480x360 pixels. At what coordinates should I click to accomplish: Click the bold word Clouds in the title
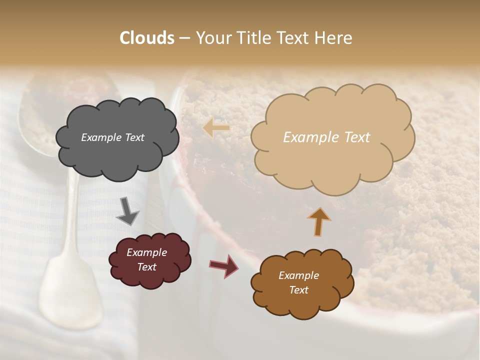coord(147,38)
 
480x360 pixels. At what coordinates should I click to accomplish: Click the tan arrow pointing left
coord(216,128)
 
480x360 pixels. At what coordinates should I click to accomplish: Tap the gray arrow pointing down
coord(128,212)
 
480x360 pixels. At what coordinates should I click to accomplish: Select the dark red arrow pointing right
coord(223,265)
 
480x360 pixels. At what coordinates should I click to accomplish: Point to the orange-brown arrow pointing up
coord(318,221)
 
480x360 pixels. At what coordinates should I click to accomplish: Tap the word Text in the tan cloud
coord(354,137)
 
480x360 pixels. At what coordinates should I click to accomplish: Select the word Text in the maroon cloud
coord(146,267)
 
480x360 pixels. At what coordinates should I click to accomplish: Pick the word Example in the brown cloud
coord(298,275)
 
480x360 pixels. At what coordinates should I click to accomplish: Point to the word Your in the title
coord(211,38)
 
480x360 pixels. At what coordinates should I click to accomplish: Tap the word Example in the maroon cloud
coord(146,252)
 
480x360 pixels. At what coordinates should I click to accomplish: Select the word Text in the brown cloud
coord(298,290)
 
